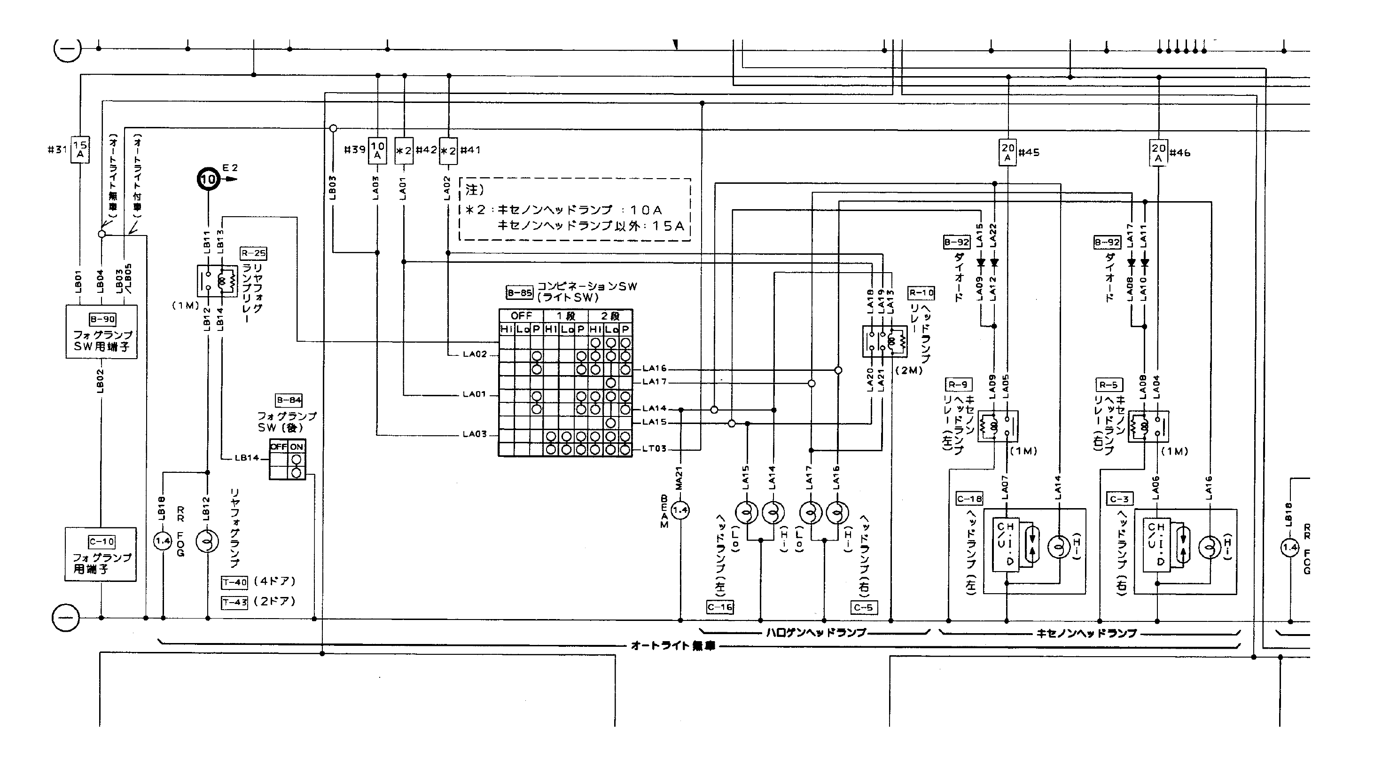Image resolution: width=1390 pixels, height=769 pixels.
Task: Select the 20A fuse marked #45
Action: pos(1007,153)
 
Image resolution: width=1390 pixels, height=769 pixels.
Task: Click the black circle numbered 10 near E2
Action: pos(208,179)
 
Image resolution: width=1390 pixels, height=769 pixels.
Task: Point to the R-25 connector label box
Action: pos(253,253)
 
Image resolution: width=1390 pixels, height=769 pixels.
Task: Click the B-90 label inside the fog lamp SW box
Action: pos(102,319)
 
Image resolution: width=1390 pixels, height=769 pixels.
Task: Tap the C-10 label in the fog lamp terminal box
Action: pos(102,542)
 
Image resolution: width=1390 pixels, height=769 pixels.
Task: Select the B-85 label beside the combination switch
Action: pos(520,292)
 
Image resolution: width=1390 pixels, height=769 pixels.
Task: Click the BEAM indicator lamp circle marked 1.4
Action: pos(680,510)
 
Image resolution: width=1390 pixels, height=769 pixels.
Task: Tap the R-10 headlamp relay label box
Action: pos(921,293)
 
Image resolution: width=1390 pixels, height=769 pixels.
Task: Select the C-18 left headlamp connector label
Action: pos(969,499)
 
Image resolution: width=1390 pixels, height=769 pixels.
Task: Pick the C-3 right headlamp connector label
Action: pos(1120,499)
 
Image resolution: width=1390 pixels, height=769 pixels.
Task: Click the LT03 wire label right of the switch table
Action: pos(654,449)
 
